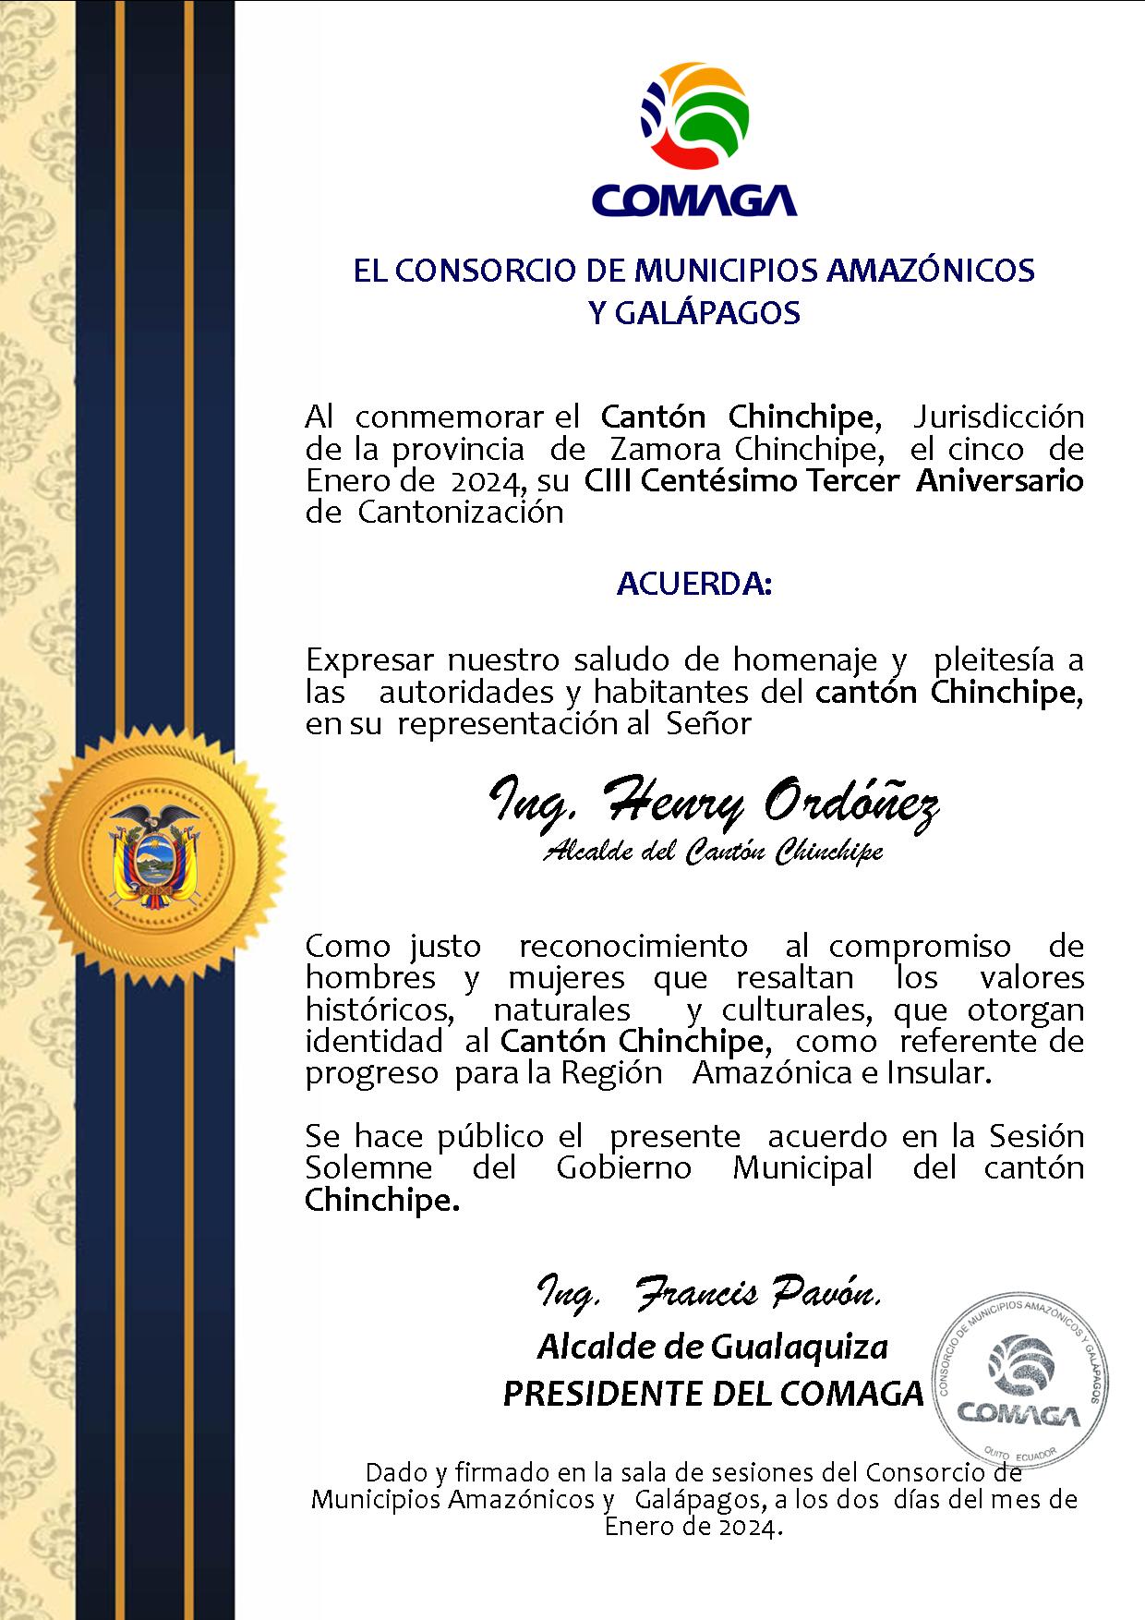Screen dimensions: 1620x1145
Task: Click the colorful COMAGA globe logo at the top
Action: [x=694, y=116]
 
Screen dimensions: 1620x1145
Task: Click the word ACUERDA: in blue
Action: [x=693, y=585]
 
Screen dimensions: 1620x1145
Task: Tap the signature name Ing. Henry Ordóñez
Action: [x=713, y=802]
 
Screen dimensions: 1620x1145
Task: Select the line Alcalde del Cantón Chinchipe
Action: [x=713, y=852]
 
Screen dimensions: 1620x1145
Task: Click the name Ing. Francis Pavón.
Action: [x=709, y=1294]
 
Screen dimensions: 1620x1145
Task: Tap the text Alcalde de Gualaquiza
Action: [x=712, y=1348]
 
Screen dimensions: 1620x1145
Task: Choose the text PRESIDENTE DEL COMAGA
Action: [x=713, y=1393]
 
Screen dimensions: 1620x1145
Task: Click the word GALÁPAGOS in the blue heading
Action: [x=694, y=314]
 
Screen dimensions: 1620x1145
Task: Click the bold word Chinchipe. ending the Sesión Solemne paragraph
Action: [x=381, y=1201]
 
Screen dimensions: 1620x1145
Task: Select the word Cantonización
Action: [x=460, y=513]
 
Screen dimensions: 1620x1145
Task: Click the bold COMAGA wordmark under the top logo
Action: [x=693, y=199]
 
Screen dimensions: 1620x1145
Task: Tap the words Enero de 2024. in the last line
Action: [x=693, y=1527]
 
